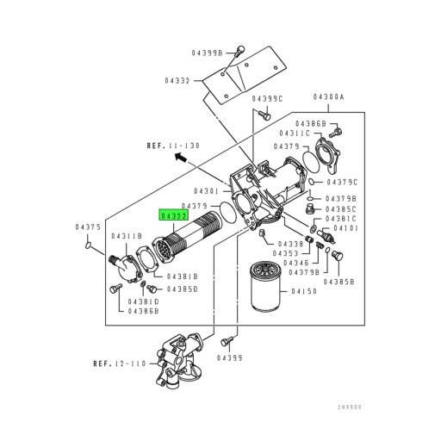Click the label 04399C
[x=270, y=100]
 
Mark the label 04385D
[x=183, y=289]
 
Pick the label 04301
[x=208, y=190]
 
